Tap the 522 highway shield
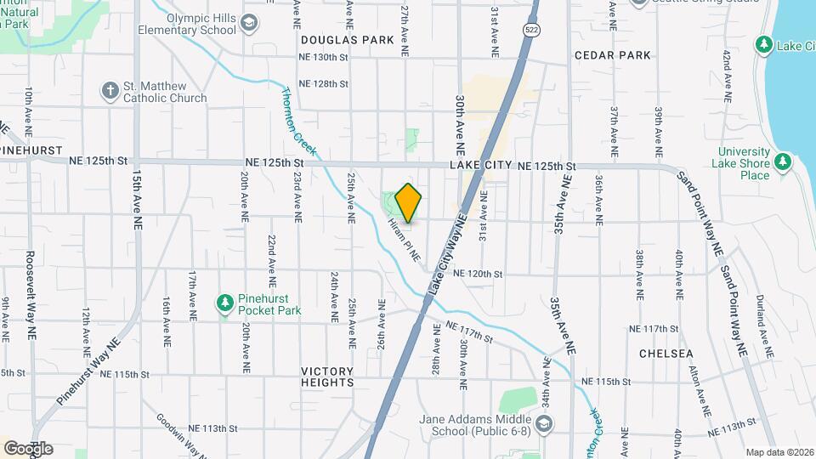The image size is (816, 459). pyautogui.click(x=531, y=30)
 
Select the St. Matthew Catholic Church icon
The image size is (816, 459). pyautogui.click(x=110, y=89)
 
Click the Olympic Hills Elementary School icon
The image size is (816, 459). pyautogui.click(x=249, y=23)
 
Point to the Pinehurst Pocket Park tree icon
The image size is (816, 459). pyautogui.click(x=224, y=303)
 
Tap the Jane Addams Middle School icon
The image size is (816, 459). pyautogui.click(x=544, y=422)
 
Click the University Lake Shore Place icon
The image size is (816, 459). pyautogui.click(x=783, y=161)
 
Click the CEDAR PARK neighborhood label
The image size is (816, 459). pyautogui.click(x=612, y=55)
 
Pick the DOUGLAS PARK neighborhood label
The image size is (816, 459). pyautogui.click(x=347, y=40)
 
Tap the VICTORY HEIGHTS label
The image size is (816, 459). pyautogui.click(x=327, y=377)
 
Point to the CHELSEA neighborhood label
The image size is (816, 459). pyautogui.click(x=666, y=354)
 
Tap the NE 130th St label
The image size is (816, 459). pyautogui.click(x=324, y=58)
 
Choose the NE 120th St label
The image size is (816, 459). pyautogui.click(x=479, y=274)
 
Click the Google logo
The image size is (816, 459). pyautogui.click(x=28, y=448)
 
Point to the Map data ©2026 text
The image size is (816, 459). pyautogui.click(x=779, y=452)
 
